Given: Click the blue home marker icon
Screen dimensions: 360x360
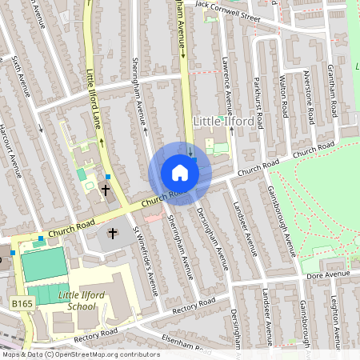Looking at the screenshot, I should (x=179, y=173).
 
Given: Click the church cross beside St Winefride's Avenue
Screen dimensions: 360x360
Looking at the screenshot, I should (x=113, y=234).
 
